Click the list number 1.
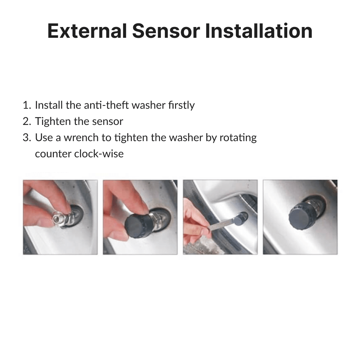(27, 105)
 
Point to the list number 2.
(27, 121)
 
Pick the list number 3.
(27, 138)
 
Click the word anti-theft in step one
(106, 105)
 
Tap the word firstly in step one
(181, 105)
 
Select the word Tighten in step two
(53, 121)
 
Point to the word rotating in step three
(238, 138)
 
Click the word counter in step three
(53, 154)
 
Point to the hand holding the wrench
(198, 217)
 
